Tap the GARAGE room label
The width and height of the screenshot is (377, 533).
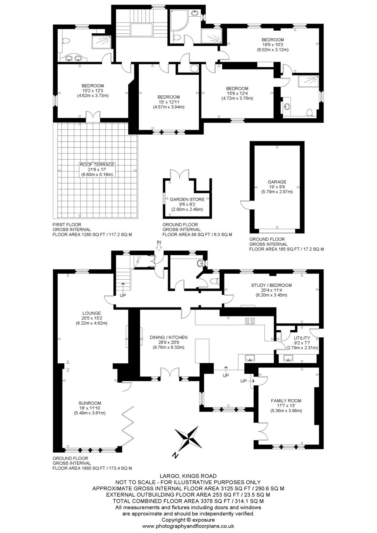click(x=277, y=182)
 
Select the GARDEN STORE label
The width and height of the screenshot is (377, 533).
click(x=187, y=200)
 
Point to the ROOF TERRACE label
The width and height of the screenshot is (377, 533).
click(x=97, y=165)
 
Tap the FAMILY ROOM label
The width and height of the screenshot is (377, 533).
click(x=286, y=401)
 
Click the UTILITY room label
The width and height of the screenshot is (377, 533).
click(x=302, y=338)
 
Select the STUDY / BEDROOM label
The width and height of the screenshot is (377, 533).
click(x=271, y=285)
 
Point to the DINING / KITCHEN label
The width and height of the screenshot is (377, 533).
click(x=169, y=337)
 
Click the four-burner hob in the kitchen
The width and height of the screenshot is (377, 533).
click(x=250, y=321)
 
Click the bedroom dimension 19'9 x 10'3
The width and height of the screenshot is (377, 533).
click(x=273, y=45)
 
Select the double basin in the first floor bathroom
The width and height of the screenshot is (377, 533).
click(x=73, y=58)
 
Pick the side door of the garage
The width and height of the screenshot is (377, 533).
click(x=245, y=204)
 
